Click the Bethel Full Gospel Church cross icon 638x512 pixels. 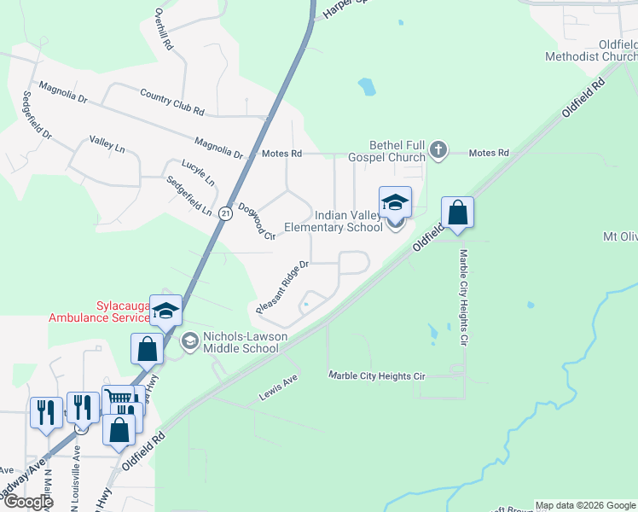tap(438, 150)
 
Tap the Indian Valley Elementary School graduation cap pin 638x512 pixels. tap(395, 203)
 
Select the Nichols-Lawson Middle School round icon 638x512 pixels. tap(189, 341)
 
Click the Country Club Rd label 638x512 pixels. tap(172, 104)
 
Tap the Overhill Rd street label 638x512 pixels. tap(164, 29)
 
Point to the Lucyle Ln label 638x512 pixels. tap(198, 172)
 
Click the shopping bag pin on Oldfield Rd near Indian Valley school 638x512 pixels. tap(457, 213)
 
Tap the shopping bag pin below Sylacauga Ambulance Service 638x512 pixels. tap(147, 349)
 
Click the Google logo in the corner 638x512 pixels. tap(27, 501)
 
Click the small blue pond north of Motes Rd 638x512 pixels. tap(367, 86)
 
